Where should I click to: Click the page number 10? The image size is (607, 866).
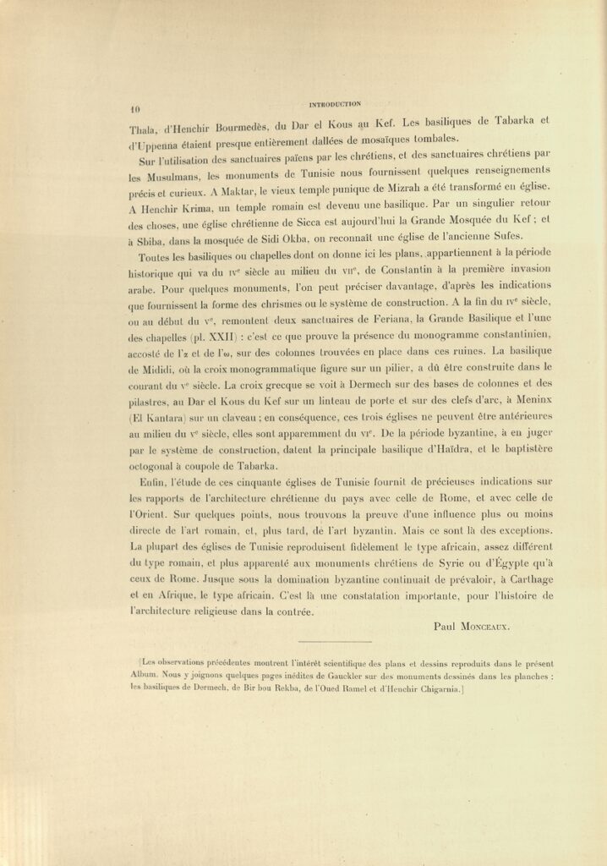click(x=134, y=109)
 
